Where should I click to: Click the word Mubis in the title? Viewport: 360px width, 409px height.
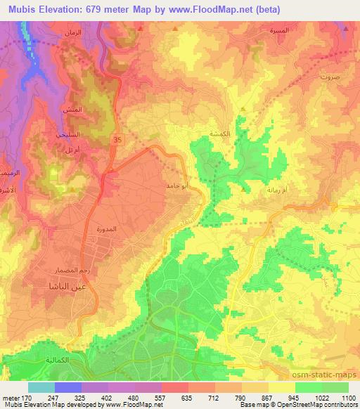pyautogui.click(x=18, y=7)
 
